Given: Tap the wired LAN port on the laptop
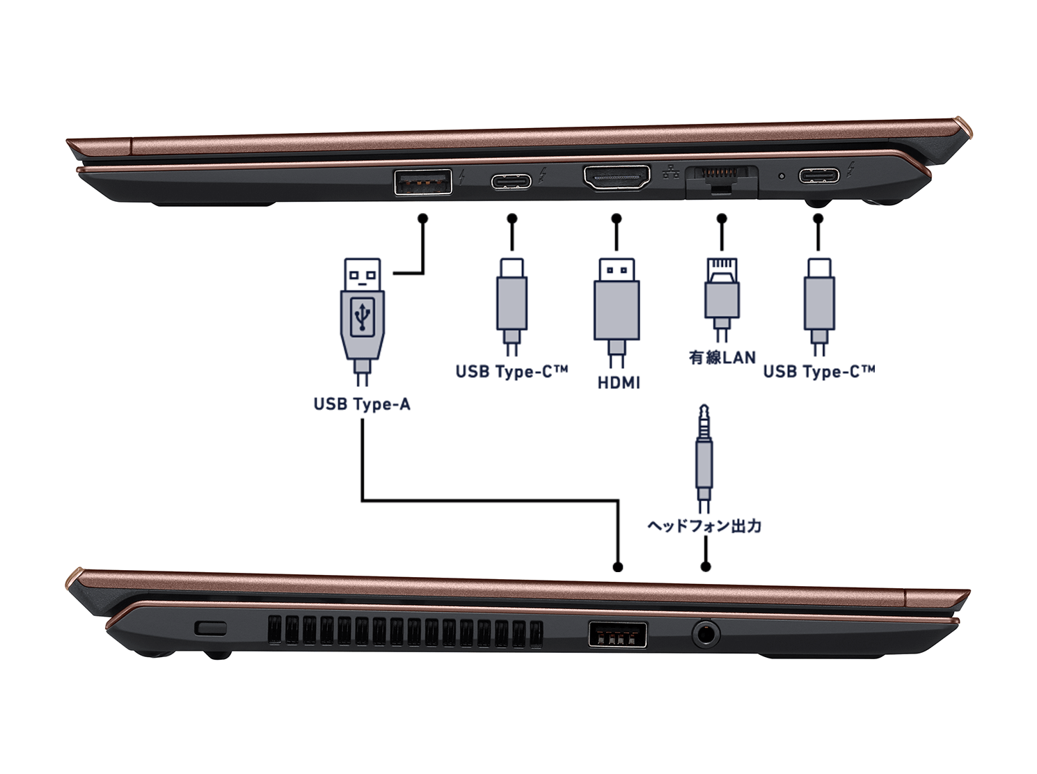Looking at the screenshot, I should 721,178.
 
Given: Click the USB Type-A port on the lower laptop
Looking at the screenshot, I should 617,634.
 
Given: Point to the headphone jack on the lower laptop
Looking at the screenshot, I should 706,633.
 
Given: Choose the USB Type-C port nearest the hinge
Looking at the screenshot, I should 818,175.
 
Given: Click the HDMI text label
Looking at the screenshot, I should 619,383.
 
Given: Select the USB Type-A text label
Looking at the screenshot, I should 362,404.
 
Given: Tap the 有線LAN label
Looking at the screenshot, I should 722,358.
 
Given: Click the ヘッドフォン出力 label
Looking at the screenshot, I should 704,526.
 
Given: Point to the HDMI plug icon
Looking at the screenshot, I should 616,306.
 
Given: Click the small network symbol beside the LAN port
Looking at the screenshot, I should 671,173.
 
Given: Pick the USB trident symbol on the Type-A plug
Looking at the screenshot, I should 363,317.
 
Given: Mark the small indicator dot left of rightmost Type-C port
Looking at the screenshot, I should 782,175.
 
